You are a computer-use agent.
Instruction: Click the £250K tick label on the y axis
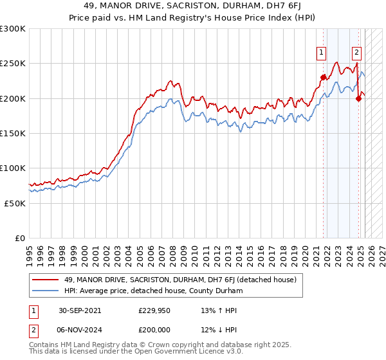point(12,64)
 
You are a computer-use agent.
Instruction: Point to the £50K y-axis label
point(15,203)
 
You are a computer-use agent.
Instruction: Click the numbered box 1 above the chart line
point(320,53)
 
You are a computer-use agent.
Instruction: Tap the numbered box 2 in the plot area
point(356,53)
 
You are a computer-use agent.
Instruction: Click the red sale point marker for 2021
point(323,77)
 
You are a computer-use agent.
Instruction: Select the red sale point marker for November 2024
point(359,98)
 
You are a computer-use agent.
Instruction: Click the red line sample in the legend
point(46,280)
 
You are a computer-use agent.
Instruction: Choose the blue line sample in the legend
point(46,291)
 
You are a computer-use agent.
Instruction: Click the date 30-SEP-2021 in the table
point(78,310)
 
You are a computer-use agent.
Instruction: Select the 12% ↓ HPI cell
point(210,329)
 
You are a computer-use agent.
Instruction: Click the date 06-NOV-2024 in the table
point(78,329)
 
